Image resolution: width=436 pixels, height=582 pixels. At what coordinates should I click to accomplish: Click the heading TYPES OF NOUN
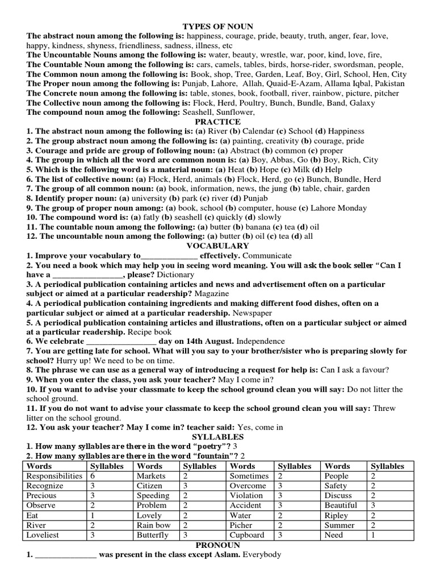tap(217, 26)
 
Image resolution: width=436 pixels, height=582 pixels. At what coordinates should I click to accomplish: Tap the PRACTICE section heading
tap(217, 122)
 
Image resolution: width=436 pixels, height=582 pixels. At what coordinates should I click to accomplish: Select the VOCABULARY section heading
tap(217, 246)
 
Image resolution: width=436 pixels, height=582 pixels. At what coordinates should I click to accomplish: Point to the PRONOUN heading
tap(217, 544)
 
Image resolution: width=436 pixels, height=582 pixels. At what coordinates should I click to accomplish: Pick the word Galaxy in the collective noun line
tap(362, 103)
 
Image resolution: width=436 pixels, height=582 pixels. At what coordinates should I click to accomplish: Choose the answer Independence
tap(261, 341)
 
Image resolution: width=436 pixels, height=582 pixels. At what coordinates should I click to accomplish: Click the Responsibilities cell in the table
tap(54, 476)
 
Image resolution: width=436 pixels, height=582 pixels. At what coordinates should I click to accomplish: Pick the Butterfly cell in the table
tap(153, 535)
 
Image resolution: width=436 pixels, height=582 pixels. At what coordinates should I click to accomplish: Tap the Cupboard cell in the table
tap(247, 535)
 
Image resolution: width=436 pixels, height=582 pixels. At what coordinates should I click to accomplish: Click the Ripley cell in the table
tap(337, 515)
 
